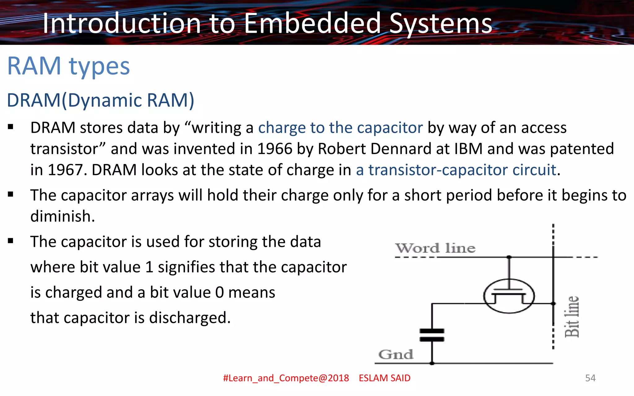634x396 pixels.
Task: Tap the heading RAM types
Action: (x=68, y=66)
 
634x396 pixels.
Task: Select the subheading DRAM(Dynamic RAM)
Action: (x=101, y=100)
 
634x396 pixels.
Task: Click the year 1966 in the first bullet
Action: (x=275, y=149)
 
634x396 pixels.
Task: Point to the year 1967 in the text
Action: (x=65, y=170)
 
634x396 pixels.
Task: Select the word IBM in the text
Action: (x=468, y=149)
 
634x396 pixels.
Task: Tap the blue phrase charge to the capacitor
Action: (x=340, y=128)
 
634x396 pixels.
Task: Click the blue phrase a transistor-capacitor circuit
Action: (x=456, y=170)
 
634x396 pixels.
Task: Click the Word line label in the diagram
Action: (x=435, y=248)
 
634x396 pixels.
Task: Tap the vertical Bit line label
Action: (x=571, y=316)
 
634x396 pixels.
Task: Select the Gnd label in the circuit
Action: (x=396, y=355)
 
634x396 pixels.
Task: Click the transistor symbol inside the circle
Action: (x=509, y=296)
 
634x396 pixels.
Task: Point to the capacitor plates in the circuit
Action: (x=432, y=335)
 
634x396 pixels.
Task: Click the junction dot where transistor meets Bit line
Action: (x=554, y=304)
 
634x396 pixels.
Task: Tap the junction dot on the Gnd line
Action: (x=432, y=363)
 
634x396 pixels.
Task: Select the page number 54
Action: (x=590, y=378)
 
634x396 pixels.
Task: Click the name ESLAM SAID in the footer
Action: (x=384, y=378)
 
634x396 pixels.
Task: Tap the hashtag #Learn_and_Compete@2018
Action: (x=286, y=378)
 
